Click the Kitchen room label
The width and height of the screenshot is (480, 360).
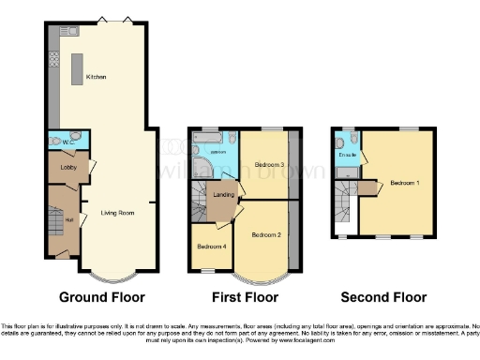pyautogui.click(x=96, y=76)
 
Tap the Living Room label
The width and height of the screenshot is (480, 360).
pyautogui.click(x=118, y=213)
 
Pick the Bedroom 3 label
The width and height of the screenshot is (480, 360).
pyautogui.click(x=269, y=165)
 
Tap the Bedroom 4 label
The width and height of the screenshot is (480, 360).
pyautogui.click(x=210, y=247)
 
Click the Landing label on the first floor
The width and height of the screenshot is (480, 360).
pyautogui.click(x=224, y=195)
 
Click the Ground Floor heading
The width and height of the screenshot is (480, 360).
pyautogui.click(x=102, y=297)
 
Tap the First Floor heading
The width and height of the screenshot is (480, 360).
pyautogui.click(x=246, y=297)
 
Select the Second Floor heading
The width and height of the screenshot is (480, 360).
pyautogui.click(x=383, y=297)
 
